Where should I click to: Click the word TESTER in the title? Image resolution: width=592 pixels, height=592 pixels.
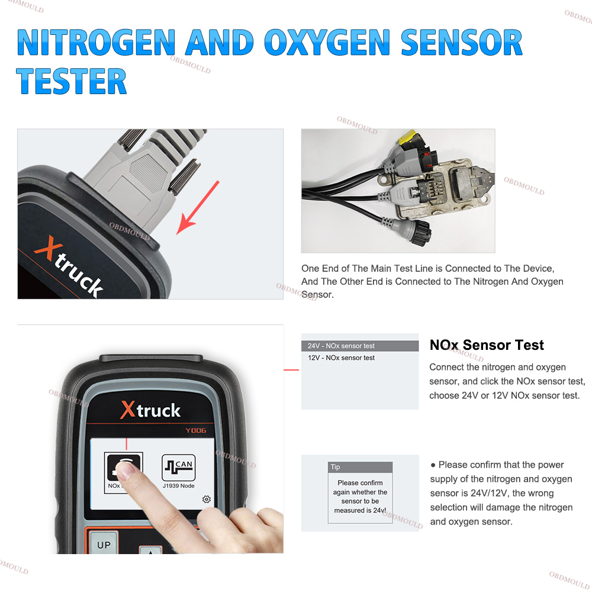click(x=72, y=81)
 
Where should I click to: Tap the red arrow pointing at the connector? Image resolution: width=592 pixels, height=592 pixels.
click(x=198, y=208)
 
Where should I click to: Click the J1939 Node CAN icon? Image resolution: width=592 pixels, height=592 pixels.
click(x=179, y=468)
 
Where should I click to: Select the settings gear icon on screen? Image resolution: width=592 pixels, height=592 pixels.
click(x=206, y=499)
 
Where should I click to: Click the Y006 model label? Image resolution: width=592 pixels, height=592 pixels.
click(x=195, y=430)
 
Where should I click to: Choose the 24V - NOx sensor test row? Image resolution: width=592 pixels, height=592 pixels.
click(x=360, y=346)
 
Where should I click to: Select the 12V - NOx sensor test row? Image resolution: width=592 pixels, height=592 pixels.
click(x=360, y=358)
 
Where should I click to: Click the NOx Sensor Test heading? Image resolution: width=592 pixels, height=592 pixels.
click(x=487, y=345)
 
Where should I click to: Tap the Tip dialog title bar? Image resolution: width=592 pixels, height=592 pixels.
click(x=360, y=467)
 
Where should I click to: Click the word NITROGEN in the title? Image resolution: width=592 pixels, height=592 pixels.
click(x=96, y=42)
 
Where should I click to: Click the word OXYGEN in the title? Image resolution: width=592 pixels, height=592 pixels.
click(x=327, y=42)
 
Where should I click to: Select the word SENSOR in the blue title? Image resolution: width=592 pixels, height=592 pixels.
click(x=461, y=42)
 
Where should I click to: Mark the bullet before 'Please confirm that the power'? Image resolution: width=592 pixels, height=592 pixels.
click(x=433, y=465)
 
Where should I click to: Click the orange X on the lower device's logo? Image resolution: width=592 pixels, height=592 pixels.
click(x=128, y=410)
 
